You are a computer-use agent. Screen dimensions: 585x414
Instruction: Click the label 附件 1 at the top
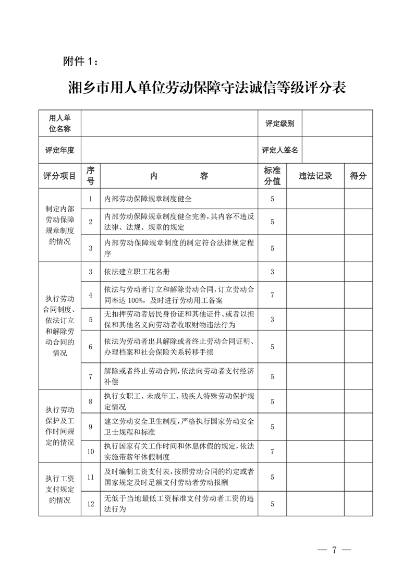(80, 62)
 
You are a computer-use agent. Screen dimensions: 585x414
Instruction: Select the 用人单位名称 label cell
(59, 124)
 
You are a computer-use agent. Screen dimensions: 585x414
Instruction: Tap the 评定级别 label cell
(279, 124)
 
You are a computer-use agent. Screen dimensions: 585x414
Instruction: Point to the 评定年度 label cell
(59, 150)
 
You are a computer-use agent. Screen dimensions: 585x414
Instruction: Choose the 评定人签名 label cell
(279, 150)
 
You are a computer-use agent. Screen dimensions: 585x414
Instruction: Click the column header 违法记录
(315, 176)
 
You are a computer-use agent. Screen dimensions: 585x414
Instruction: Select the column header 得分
(358, 176)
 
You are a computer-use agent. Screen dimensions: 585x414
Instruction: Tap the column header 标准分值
(272, 176)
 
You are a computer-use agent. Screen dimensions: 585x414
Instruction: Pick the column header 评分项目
(59, 176)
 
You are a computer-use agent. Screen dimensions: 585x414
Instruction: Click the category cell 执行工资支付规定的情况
(59, 489)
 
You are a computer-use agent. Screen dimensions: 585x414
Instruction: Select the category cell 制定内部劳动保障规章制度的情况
(59, 225)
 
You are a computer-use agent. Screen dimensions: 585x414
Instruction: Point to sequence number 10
(90, 452)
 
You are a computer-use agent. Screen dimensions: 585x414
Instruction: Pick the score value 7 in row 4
(272, 295)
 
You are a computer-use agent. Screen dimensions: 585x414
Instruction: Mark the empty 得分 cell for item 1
(358, 199)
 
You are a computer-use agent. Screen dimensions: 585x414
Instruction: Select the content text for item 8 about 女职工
(179, 401)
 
